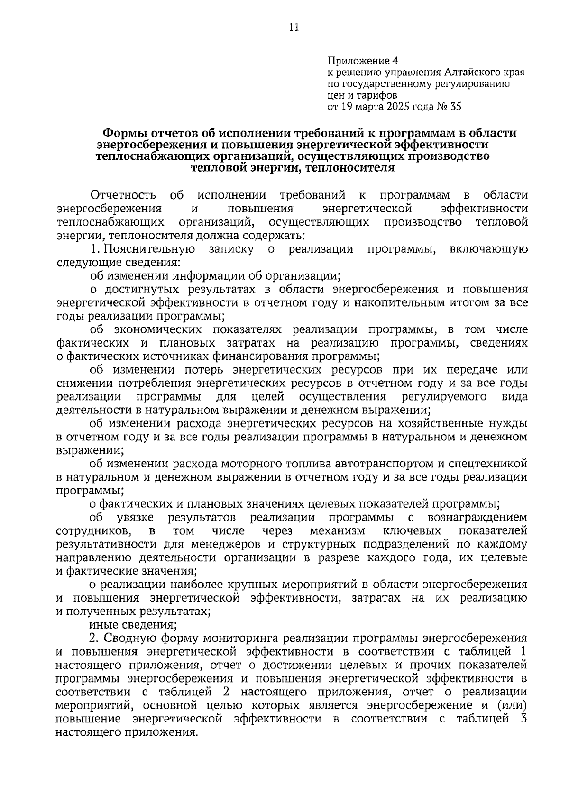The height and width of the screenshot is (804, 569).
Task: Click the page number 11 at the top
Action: pyautogui.click(x=294, y=27)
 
